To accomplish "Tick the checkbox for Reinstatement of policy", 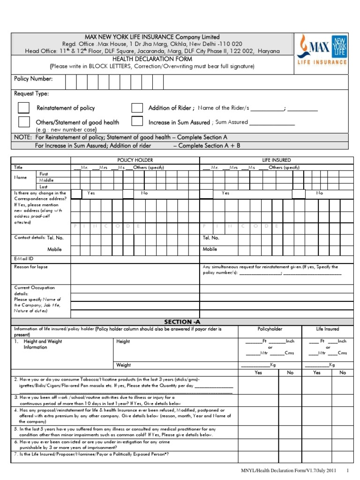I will pyautogui.click(x=23, y=108).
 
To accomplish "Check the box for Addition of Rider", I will pyautogui.click(x=137, y=108).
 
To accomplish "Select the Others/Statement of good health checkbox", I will pyautogui.click(x=23, y=122).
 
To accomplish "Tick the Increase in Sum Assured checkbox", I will pyautogui.click(x=137, y=122).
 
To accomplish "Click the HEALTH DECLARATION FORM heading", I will pyautogui.click(x=152, y=59).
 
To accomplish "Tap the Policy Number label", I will pyautogui.click(x=33, y=79).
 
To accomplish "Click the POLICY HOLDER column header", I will pyautogui.click(x=135, y=160).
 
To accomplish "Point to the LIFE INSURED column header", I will pyautogui.click(x=276, y=160).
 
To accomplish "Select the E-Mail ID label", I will pyautogui.click(x=24, y=258).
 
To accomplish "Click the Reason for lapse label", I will pyautogui.click(x=31, y=267).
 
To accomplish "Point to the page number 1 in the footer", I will pyautogui.click(x=347, y=470).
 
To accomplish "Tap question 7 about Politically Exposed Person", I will pyautogui.click(x=91, y=454).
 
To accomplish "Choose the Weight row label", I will pyautogui.click(x=123, y=365).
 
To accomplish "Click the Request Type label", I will pyautogui.click(x=31, y=93).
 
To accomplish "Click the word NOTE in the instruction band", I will pyautogui.click(x=23, y=137).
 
